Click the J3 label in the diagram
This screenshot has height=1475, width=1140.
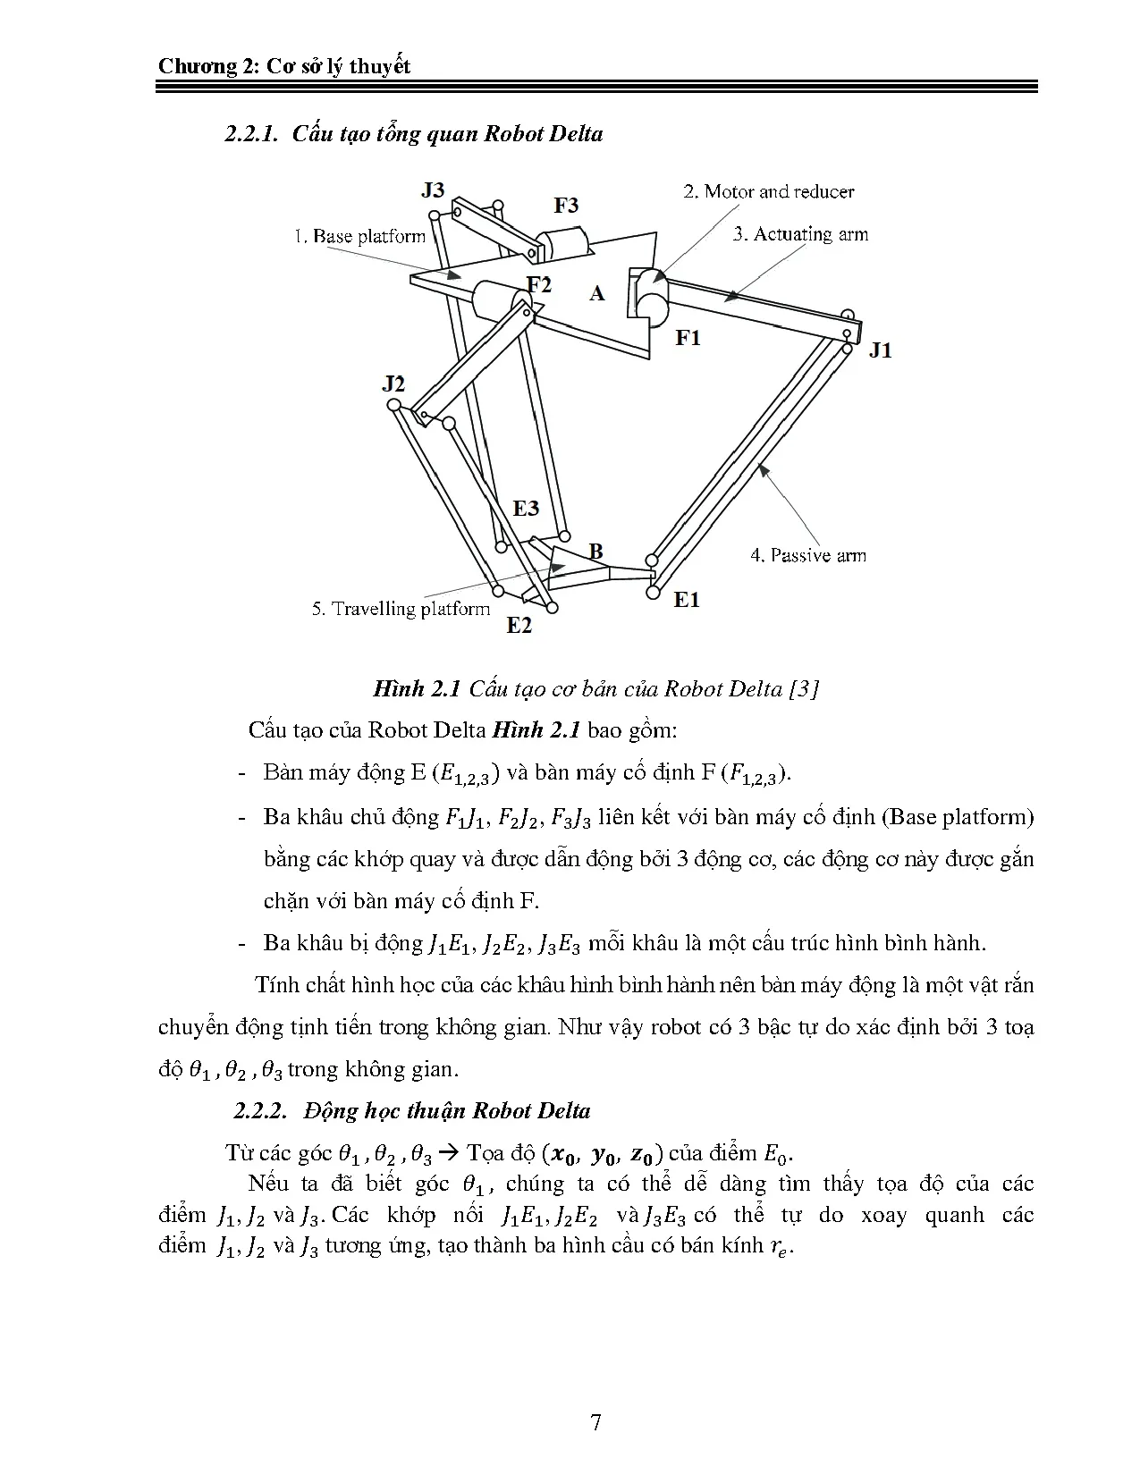click(433, 190)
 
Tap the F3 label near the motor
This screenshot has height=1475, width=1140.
click(566, 206)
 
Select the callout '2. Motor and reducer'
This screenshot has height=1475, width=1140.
click(768, 191)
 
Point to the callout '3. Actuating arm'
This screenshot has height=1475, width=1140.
click(800, 234)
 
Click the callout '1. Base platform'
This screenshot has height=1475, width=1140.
click(359, 237)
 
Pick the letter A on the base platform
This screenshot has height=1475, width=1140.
click(597, 293)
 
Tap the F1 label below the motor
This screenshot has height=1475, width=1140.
click(688, 338)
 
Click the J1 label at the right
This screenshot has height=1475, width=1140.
click(881, 350)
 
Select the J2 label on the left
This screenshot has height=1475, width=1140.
click(393, 383)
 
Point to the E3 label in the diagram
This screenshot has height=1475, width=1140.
click(526, 509)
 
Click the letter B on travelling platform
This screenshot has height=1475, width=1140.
click(595, 551)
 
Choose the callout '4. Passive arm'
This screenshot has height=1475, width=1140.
click(807, 555)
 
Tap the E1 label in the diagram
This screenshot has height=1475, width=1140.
click(687, 600)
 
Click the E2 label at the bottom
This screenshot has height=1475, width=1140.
click(519, 626)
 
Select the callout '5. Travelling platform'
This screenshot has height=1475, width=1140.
click(401, 609)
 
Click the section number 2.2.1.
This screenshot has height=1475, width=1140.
click(253, 134)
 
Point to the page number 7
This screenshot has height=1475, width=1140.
click(595, 1422)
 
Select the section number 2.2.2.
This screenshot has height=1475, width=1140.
click(260, 1111)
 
